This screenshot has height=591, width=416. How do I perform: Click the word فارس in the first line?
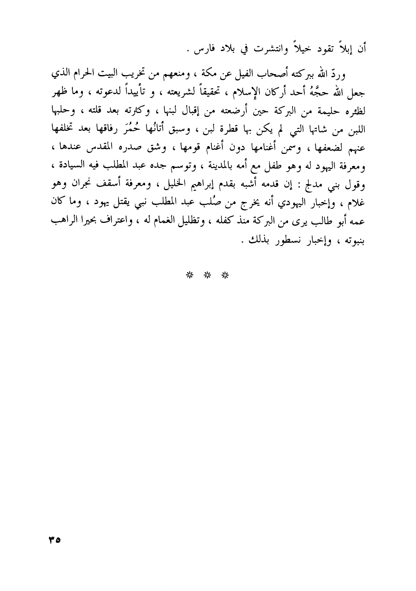207,49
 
